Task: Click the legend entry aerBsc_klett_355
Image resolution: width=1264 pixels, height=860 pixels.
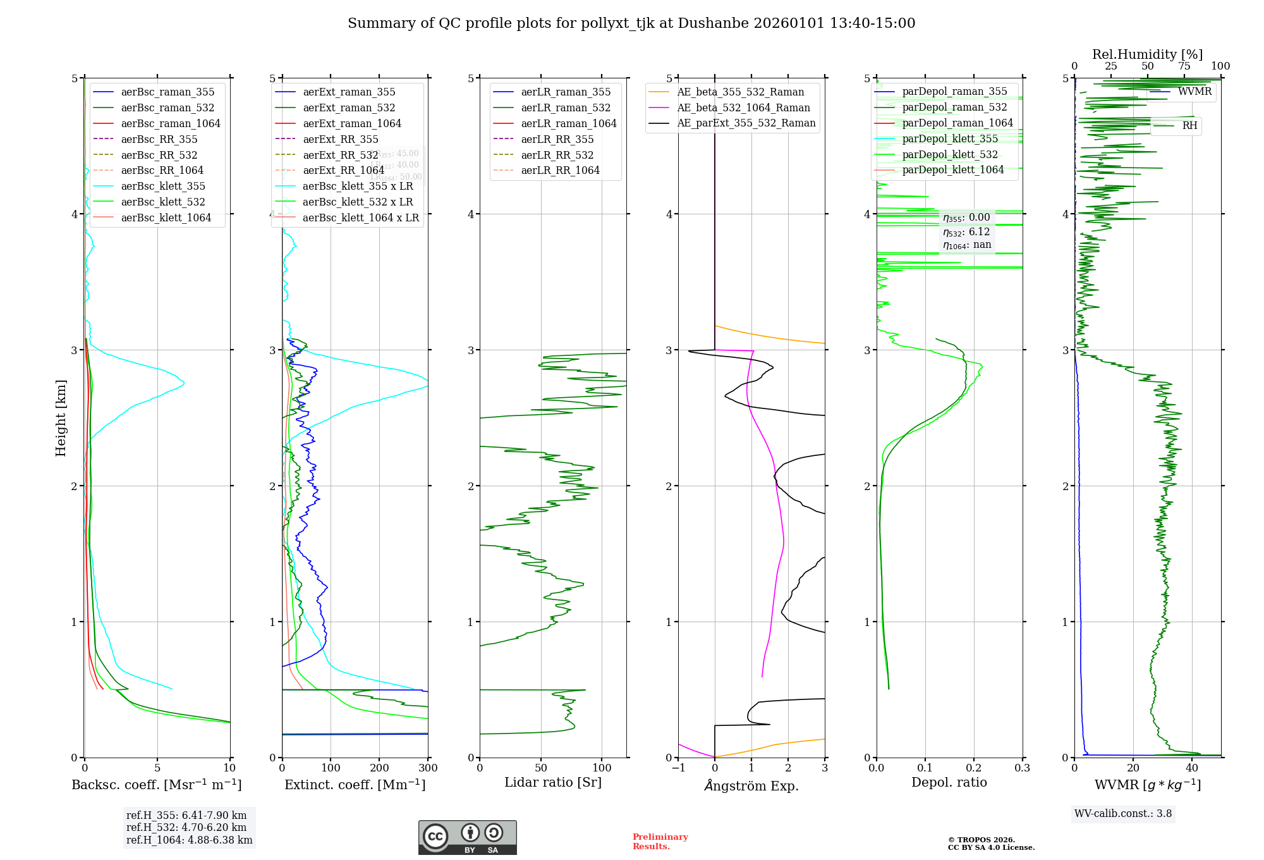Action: coord(163,186)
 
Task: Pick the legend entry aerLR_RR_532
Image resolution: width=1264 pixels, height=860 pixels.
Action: coord(557,155)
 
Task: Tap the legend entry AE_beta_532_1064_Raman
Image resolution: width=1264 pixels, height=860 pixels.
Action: coord(743,107)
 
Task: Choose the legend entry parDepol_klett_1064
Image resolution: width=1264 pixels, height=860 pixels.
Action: coord(952,169)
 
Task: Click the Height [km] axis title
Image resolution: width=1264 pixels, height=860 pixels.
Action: coord(61,417)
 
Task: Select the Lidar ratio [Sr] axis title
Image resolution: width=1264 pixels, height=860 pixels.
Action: coord(552,782)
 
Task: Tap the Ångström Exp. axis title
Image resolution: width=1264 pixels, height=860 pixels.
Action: coord(751,785)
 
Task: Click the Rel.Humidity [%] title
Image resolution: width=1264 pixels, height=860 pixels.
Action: coord(1147,54)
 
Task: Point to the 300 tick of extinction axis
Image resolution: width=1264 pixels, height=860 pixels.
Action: coord(428,768)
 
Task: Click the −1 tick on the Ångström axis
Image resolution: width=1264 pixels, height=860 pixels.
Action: coord(678,768)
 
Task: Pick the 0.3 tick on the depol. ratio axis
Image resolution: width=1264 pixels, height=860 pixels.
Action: coord(1022,768)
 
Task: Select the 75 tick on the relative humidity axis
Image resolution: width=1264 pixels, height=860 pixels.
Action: coord(1184,66)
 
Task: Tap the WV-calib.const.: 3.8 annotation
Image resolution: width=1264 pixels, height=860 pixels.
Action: coord(1122,813)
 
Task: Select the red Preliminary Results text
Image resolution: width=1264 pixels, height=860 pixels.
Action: coord(660,841)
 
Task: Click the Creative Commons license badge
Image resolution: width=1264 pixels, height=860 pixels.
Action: coord(467,837)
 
